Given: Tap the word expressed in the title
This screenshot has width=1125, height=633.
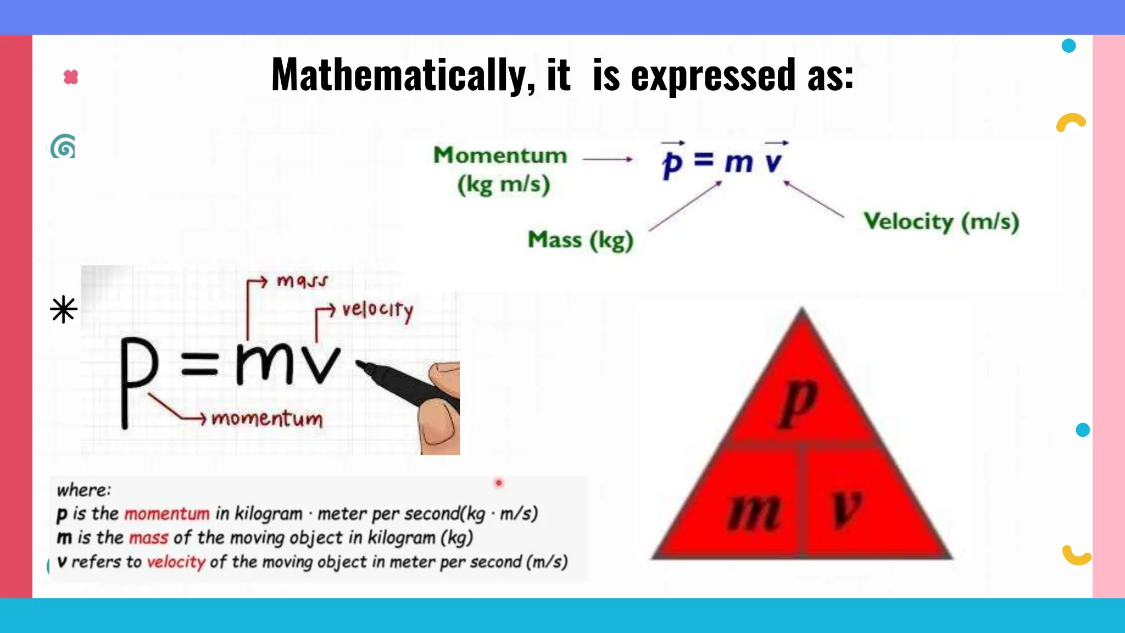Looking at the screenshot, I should pos(712,75).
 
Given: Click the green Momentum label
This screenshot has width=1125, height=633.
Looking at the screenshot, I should pos(500,155).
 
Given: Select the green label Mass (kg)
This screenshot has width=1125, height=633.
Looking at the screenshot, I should pos(581,240).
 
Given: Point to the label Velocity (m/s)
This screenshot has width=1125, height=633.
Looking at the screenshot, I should pos(941,221).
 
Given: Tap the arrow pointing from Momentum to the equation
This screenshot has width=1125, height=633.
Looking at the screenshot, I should pos(607,159).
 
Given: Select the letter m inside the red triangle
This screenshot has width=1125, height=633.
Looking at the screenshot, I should pos(754,511).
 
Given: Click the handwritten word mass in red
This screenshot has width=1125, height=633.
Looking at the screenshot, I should pos(302,281).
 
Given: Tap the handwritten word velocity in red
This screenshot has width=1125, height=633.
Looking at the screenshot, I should pos(377,310).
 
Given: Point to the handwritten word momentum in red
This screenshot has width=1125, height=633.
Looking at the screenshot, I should pos(268,419).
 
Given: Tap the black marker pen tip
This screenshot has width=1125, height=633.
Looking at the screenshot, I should pos(363,365).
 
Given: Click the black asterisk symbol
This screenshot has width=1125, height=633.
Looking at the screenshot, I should pos(64,309).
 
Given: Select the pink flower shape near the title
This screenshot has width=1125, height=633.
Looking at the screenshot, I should pos(71,77).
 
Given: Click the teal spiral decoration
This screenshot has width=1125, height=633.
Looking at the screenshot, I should pos(63,147).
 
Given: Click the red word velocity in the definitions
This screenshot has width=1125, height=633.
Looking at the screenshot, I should pos(176,562).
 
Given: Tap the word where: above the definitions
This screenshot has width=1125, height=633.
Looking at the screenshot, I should pos(84,490).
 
